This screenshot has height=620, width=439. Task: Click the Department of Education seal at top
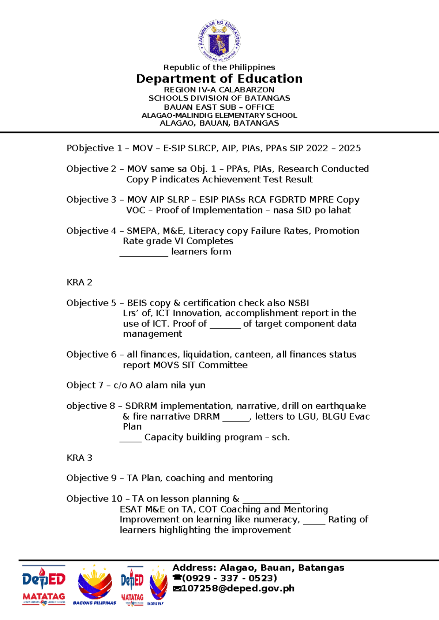pyautogui.click(x=219, y=41)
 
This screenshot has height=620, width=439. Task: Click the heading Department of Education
pyautogui.click(x=219, y=79)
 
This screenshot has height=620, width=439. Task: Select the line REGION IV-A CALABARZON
pyautogui.click(x=219, y=90)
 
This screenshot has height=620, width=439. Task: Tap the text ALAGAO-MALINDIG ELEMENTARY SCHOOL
pyautogui.click(x=219, y=116)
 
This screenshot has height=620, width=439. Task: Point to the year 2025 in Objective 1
pyautogui.click(x=349, y=148)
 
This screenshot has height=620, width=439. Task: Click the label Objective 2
pyautogui.click(x=91, y=169)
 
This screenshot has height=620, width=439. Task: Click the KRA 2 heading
pyautogui.click(x=79, y=282)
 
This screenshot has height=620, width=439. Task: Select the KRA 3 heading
pyautogui.click(x=79, y=458)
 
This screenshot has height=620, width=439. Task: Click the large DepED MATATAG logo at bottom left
pyautogui.click(x=44, y=585)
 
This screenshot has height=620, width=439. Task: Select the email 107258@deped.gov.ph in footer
pyautogui.click(x=238, y=588)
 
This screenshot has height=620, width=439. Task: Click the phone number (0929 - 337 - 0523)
pyautogui.click(x=229, y=578)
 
